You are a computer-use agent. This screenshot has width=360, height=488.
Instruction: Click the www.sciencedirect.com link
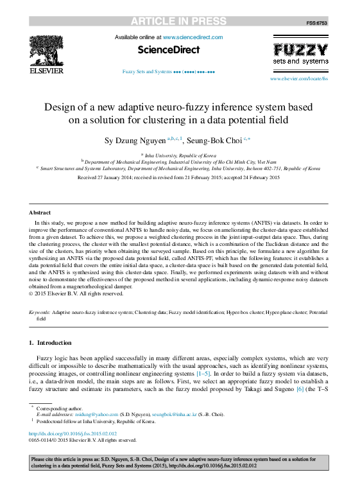[x=193, y=38]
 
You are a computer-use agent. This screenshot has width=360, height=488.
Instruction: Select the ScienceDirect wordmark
[x=169, y=49]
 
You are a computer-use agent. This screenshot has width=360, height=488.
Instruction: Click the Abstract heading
[x=40, y=213]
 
